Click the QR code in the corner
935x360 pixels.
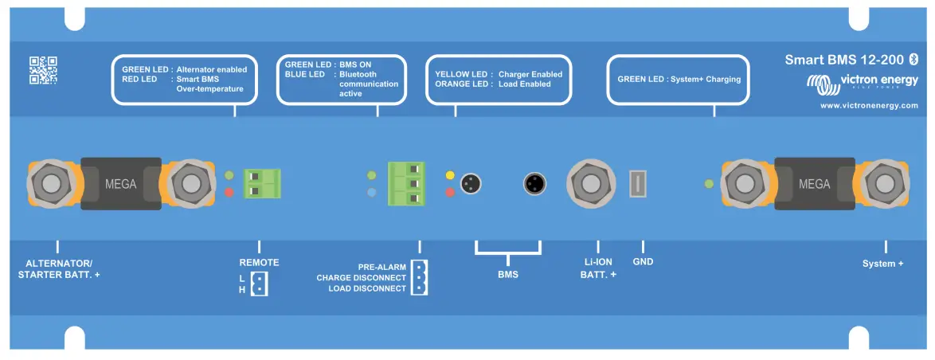click(x=44, y=70)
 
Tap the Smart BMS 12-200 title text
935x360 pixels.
click(x=843, y=60)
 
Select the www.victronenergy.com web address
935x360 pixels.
click(x=869, y=105)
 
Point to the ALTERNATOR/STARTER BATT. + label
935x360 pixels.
click(x=59, y=268)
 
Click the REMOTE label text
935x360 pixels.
click(x=259, y=262)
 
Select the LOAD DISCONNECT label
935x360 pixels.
click(x=367, y=288)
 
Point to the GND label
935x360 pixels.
click(x=643, y=262)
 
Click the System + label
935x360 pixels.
click(x=882, y=263)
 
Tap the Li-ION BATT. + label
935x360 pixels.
click(x=598, y=268)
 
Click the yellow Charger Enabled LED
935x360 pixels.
click(x=450, y=175)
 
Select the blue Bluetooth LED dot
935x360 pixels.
click(x=371, y=193)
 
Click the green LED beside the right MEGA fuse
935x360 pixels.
click(x=709, y=184)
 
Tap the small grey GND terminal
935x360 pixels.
click(x=637, y=183)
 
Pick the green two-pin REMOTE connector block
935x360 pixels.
click(x=263, y=184)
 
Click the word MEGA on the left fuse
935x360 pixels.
click(x=121, y=184)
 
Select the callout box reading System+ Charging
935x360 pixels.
click(x=679, y=80)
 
